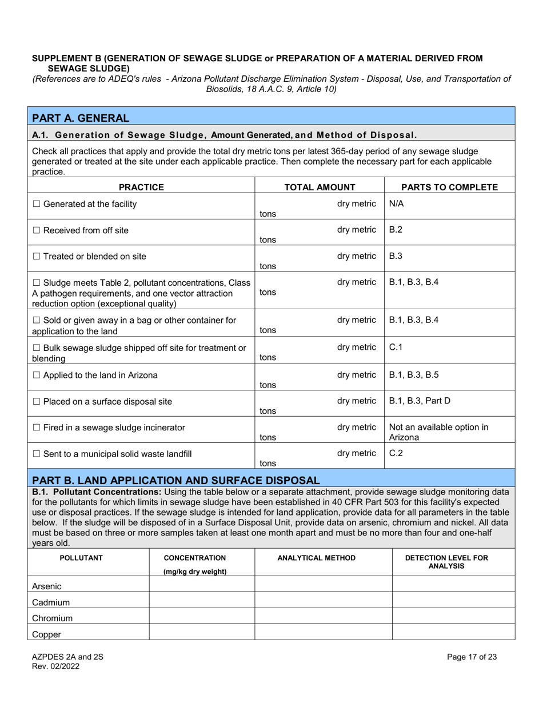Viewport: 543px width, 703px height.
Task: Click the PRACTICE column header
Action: [141, 186]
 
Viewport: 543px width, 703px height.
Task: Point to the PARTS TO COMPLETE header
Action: [449, 186]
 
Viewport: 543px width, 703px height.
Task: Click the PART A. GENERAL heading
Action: [81, 118]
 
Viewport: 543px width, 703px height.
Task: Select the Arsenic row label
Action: [47, 586]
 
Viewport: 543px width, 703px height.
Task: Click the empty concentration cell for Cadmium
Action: [201, 602]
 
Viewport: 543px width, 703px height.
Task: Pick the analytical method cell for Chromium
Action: [323, 618]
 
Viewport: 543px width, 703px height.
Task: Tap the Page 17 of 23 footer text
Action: [472, 657]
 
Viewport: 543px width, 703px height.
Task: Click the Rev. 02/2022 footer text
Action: [55, 666]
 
